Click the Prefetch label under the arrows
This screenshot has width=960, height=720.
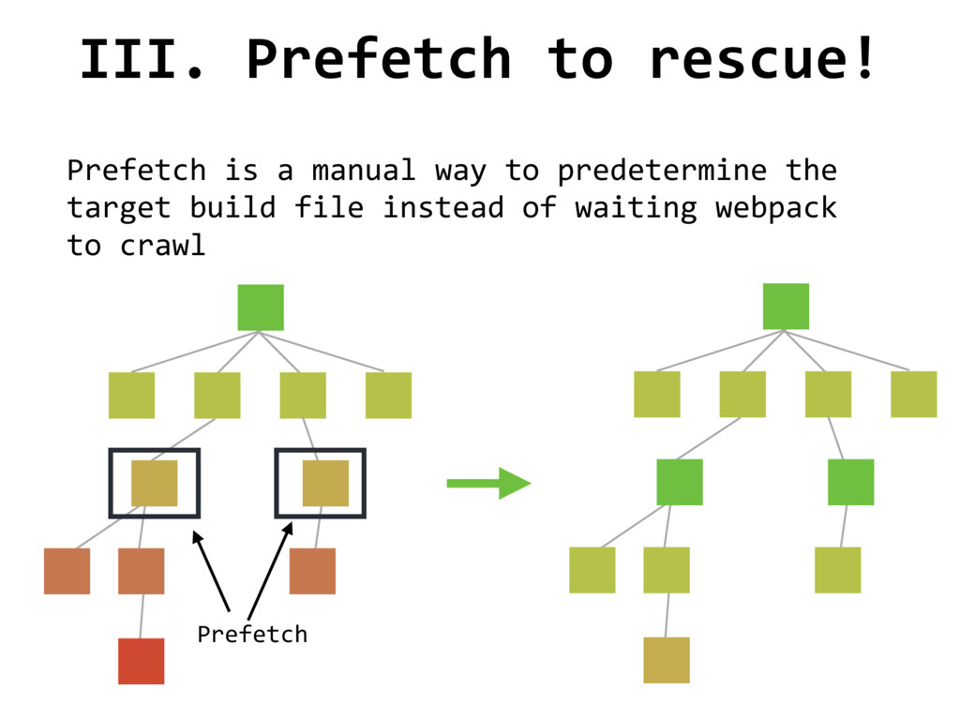click(252, 634)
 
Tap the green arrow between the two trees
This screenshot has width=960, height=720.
click(488, 483)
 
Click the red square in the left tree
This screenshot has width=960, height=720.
click(142, 661)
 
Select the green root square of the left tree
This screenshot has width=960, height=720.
click(261, 307)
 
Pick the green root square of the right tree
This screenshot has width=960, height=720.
click(786, 307)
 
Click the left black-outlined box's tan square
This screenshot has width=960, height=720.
click(154, 483)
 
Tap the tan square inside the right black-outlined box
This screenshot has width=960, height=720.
click(325, 483)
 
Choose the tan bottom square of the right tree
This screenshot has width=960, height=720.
click(667, 660)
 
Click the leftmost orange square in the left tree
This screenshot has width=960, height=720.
click(67, 571)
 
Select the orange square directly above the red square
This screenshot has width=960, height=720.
click(142, 571)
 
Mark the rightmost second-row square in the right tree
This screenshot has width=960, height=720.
click(914, 394)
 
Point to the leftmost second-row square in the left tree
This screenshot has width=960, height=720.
click(131, 395)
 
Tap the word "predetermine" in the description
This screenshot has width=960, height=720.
click(662, 171)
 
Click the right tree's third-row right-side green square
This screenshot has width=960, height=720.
click(851, 482)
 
